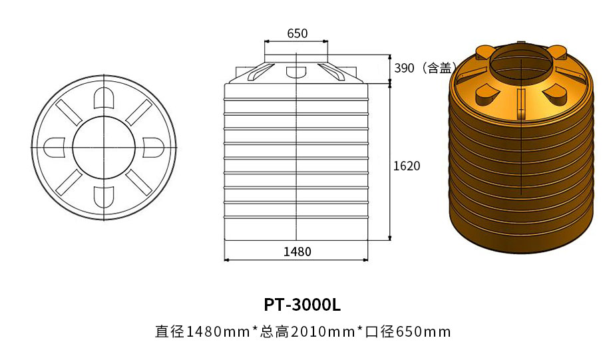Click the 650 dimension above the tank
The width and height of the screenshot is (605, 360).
[x=297, y=33]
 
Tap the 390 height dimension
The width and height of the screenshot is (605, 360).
[x=405, y=68]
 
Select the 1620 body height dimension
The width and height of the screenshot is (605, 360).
[x=407, y=166]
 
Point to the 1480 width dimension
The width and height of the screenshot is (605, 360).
[x=297, y=252]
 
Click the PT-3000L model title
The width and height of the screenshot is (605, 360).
[x=302, y=305]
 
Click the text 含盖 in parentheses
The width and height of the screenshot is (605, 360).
[x=439, y=68]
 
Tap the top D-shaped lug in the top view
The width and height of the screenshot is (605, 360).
[x=105, y=98]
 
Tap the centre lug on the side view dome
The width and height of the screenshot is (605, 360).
[x=294, y=72]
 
